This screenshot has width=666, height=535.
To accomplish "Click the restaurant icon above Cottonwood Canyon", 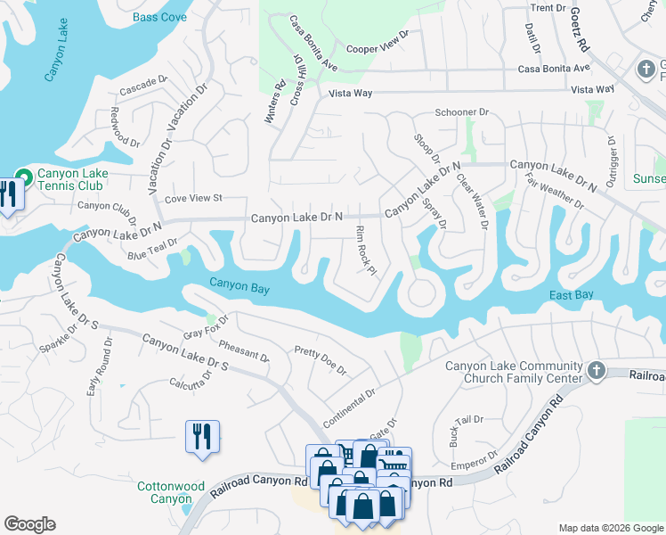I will (201, 437).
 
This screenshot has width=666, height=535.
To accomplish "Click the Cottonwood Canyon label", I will (171, 492).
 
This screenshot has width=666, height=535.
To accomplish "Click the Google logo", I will (29, 524).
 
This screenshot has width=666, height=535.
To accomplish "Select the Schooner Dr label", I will (462, 112).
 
